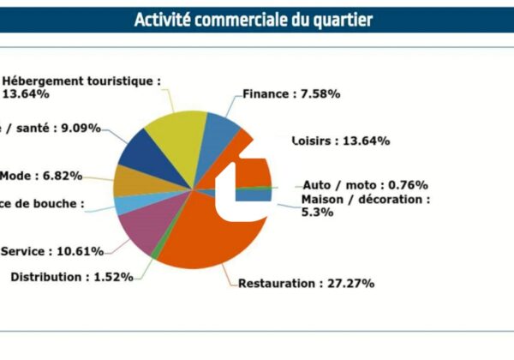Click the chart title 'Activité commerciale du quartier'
[x=254, y=20]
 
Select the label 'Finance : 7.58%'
[x=291, y=94]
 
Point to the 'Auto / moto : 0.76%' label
[x=365, y=184]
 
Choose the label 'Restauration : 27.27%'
[x=306, y=283]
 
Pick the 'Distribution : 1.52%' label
[x=71, y=277]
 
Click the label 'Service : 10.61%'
[x=52, y=251]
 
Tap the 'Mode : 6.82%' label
[x=41, y=176]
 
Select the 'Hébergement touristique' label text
[x=82, y=81]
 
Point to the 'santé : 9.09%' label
[x=51, y=129]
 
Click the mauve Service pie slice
[x=137, y=227]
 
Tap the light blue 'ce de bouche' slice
[x=123, y=205]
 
